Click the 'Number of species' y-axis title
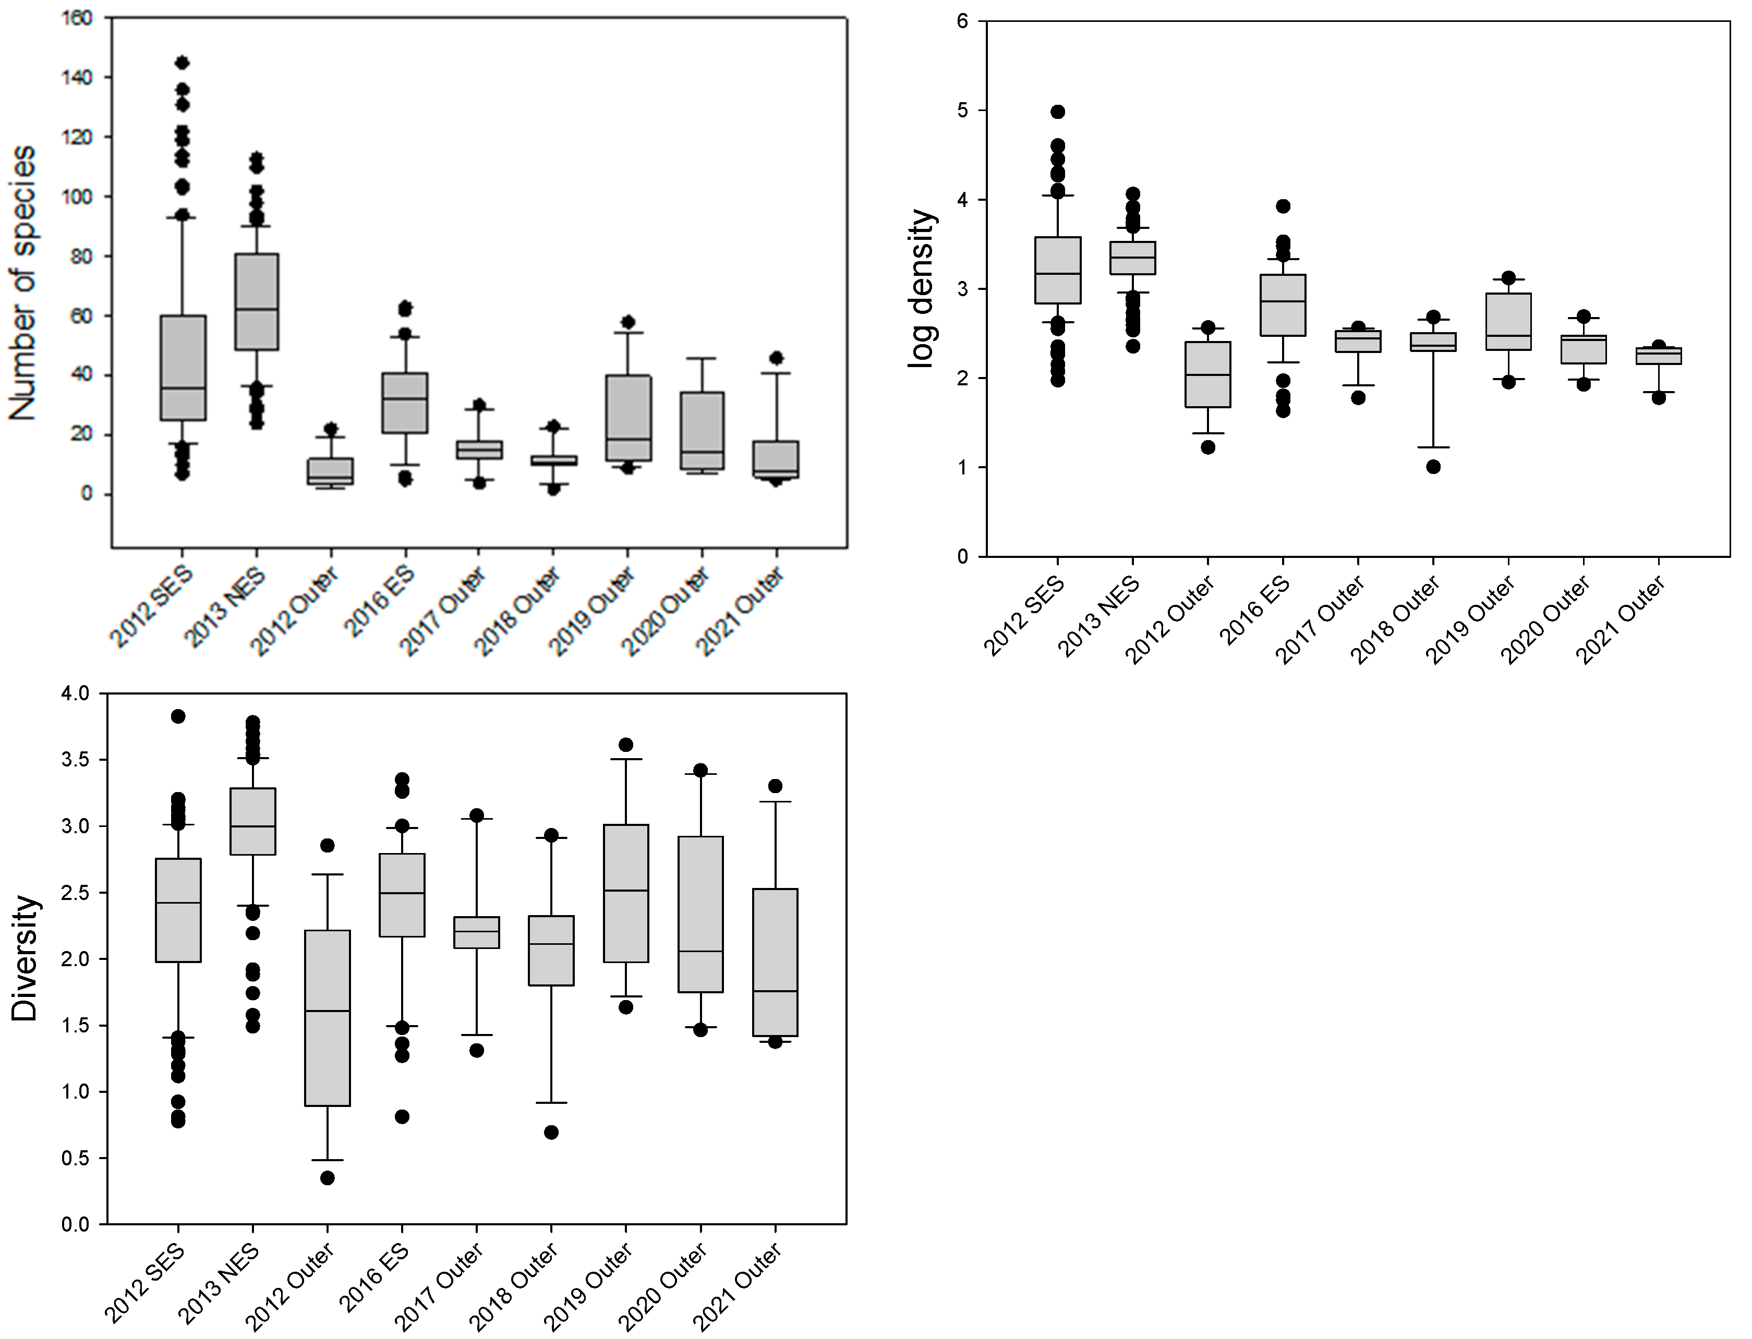24,283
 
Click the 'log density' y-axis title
922,288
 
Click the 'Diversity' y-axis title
26,958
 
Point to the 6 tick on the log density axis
962,21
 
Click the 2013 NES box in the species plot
256,301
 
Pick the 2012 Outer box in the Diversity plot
328,1018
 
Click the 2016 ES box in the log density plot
1283,305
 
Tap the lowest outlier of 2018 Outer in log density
1433,467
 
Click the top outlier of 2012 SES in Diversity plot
178,716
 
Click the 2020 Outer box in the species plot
702,430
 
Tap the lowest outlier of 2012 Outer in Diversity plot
327,1178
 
